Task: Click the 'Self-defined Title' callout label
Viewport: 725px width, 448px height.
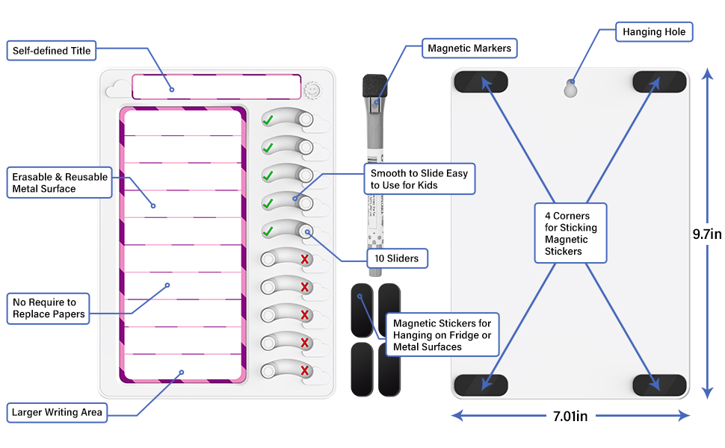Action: pyautogui.click(x=52, y=51)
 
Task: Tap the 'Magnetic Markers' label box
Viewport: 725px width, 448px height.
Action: pyautogui.click(x=469, y=49)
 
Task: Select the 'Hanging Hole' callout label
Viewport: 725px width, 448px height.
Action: pyautogui.click(x=654, y=32)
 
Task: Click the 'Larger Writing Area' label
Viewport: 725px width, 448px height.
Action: pyautogui.click(x=57, y=412)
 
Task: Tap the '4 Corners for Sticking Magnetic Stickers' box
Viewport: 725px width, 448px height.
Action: pyautogui.click(x=571, y=234)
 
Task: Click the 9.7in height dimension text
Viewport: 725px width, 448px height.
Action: pyautogui.click(x=706, y=234)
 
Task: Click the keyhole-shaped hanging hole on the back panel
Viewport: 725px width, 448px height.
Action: pyautogui.click(x=570, y=88)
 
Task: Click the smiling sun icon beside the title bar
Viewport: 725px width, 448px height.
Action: pyautogui.click(x=312, y=88)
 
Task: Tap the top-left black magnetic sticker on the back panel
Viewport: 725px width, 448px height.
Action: pyautogui.click(x=480, y=81)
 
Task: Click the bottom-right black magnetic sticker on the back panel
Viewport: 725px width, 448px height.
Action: pyautogui.click(x=659, y=385)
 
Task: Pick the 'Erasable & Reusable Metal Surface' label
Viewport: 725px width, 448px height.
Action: pyautogui.click(x=60, y=183)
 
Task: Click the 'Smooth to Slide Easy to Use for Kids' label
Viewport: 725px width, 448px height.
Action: pyautogui.click(x=419, y=179)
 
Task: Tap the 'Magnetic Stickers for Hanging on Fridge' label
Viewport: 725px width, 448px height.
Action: pyautogui.click(x=442, y=335)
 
